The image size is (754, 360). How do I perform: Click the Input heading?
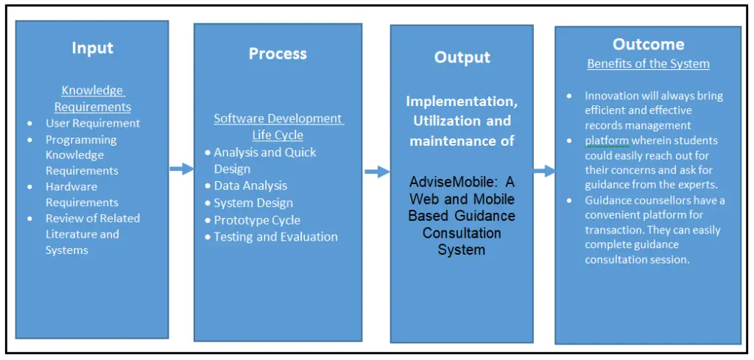click(92, 49)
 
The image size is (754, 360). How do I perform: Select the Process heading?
click(278, 54)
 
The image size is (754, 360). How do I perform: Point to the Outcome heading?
click(648, 45)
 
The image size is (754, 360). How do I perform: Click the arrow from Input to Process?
click(181, 169)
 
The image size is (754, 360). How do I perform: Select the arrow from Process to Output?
click(377, 172)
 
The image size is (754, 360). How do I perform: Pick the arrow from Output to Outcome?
click(544, 171)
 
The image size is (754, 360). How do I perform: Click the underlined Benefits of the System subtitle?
click(648, 64)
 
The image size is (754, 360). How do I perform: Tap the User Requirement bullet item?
click(93, 123)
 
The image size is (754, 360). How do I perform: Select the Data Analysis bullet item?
click(250, 186)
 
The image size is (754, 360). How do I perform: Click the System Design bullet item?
click(253, 203)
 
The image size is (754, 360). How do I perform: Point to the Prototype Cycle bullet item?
click(257, 220)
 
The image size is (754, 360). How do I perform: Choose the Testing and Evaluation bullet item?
click(275, 237)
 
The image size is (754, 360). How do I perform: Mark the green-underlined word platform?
click(607, 141)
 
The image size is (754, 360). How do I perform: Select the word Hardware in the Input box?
click(71, 187)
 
